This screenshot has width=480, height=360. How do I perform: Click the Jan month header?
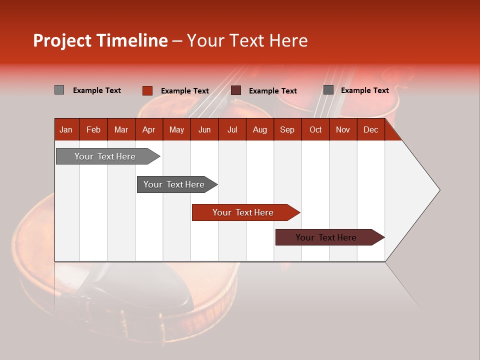66,129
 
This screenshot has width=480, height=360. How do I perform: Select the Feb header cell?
93,129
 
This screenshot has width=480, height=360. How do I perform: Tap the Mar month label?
121,129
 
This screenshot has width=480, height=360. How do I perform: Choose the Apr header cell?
149,129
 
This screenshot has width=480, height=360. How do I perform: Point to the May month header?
176,129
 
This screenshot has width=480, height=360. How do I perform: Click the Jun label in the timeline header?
204,129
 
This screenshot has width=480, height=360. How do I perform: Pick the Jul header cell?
232,129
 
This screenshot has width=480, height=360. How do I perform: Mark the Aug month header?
260,129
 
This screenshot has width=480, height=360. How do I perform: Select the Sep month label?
287,129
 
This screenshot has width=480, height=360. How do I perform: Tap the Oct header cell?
315,129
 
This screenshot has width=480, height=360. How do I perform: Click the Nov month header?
343,129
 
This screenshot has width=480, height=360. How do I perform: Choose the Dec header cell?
371,129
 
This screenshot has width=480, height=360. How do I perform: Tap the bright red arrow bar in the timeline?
243,212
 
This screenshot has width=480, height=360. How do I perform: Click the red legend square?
147,90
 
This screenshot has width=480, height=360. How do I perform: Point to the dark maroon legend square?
236,90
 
